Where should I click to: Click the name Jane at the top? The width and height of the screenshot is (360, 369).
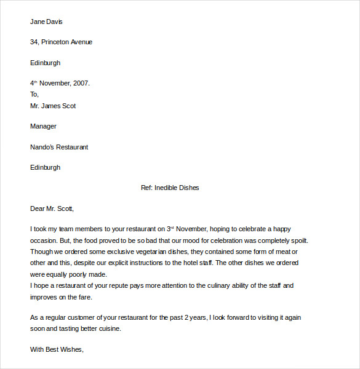pos(37,22)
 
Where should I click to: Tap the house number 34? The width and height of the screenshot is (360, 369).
pos(34,42)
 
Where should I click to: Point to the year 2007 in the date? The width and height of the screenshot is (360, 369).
pos(81,83)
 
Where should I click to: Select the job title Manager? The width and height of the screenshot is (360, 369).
pos(43,127)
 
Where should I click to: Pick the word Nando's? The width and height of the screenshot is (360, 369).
pos(43,147)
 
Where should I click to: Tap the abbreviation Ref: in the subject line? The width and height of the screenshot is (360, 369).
pos(146,188)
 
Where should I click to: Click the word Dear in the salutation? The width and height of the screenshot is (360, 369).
pos(38,208)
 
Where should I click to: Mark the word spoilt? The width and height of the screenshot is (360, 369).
pos(298,240)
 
